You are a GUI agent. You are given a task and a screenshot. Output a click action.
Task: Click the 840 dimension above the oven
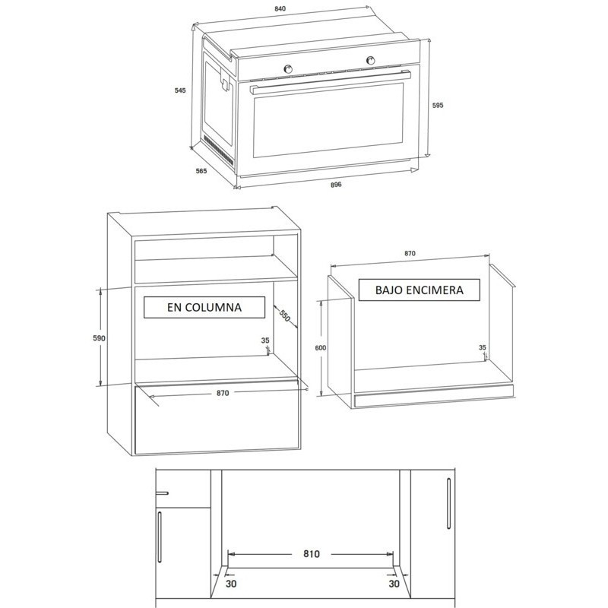[280, 9]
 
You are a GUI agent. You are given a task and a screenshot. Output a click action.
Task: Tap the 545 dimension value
[180, 90]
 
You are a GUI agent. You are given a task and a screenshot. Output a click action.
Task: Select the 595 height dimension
[438, 105]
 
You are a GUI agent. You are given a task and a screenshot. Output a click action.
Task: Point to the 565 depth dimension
[201, 171]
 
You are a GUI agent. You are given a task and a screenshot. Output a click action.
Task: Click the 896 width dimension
[336, 185]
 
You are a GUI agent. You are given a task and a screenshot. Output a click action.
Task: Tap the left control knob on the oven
[288, 68]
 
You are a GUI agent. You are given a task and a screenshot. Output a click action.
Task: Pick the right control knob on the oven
[370, 60]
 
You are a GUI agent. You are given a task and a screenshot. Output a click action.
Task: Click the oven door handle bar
[331, 82]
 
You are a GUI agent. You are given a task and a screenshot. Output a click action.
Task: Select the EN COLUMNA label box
[204, 308]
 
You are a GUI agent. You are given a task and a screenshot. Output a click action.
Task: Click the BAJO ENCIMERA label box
[420, 290]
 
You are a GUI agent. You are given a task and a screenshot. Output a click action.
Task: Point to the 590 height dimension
[99, 338]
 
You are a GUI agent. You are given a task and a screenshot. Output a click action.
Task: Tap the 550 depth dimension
[284, 316]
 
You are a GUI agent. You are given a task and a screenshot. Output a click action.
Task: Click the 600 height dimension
[320, 348]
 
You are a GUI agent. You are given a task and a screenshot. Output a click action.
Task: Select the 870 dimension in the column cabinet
[223, 393]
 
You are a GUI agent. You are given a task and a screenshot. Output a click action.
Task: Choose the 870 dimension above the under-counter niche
[410, 253]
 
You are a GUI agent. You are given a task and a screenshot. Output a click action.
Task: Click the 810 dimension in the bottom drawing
[312, 554]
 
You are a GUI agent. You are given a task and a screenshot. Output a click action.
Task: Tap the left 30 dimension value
[231, 583]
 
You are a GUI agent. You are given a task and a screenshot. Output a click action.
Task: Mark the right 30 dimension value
[394, 583]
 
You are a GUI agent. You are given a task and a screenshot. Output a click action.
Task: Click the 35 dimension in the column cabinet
[264, 340]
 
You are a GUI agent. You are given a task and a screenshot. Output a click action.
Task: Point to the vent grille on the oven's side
[219, 149]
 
